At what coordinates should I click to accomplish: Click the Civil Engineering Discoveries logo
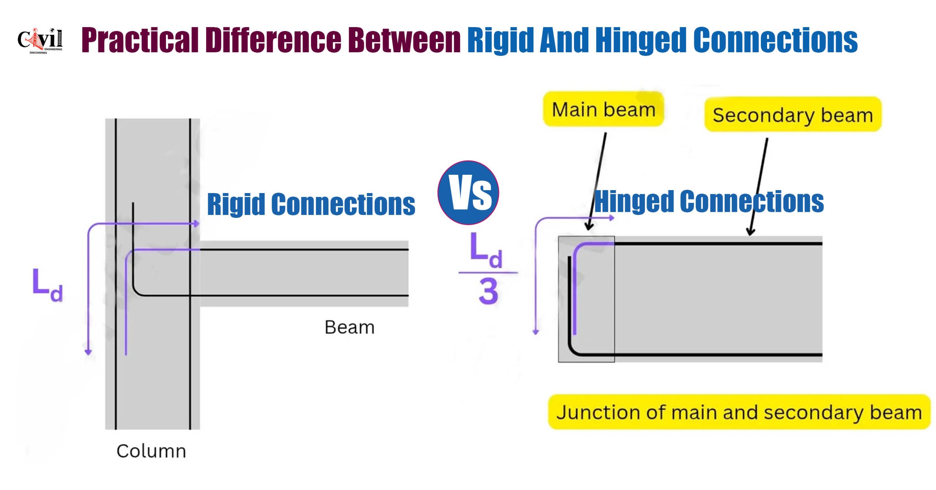(40, 40)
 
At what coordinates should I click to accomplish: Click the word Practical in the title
(139, 40)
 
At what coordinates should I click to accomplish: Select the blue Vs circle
(468, 192)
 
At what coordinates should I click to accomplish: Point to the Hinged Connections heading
(709, 201)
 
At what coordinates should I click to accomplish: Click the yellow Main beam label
(603, 109)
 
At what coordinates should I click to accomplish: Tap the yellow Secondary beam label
(793, 115)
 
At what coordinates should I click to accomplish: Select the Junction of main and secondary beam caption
(739, 412)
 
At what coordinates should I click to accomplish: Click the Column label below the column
(151, 451)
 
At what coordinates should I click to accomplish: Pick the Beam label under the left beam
(349, 327)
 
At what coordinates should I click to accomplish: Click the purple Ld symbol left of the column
(47, 285)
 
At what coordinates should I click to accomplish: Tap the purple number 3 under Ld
(488, 291)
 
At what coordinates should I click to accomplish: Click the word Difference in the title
(273, 40)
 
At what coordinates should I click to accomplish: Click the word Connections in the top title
(775, 40)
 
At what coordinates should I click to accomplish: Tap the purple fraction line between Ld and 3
(488, 272)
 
